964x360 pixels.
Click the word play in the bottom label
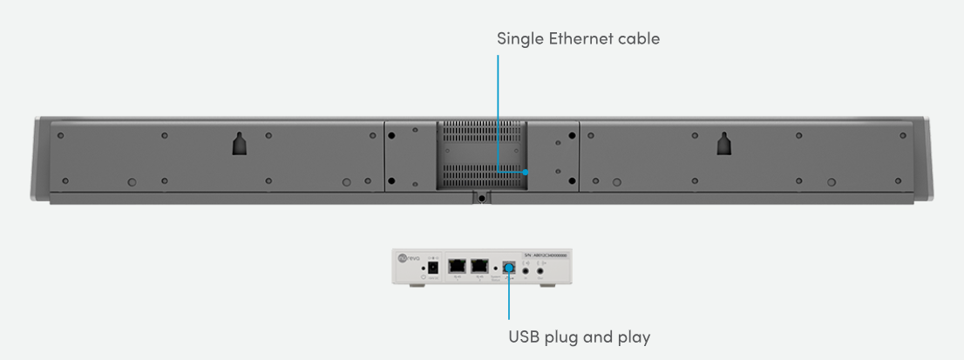tap(632, 336)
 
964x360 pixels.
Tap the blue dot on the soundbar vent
tap(526, 173)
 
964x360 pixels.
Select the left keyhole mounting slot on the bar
tap(240, 144)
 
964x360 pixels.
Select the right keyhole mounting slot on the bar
tap(723, 144)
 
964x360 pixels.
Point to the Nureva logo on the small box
tap(404, 256)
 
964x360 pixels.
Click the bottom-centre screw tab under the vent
tap(480, 197)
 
